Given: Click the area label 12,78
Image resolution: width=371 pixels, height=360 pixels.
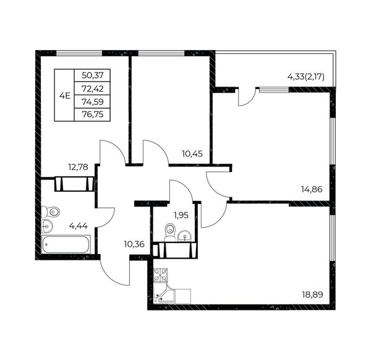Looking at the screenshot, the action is point(78,167).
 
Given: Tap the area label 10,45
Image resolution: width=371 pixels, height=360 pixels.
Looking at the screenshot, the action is point(192,154).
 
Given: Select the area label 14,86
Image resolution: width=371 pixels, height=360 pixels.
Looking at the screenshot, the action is point(312,189).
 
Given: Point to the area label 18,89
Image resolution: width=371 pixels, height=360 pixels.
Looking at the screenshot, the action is point(312,294).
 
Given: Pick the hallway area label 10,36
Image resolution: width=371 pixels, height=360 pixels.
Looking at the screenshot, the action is point(134,244).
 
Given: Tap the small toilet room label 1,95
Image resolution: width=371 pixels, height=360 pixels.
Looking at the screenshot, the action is point(181,215).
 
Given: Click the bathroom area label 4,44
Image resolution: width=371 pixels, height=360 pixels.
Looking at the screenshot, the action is point(79,226).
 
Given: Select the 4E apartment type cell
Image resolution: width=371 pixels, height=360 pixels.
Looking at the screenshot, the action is point(64,95).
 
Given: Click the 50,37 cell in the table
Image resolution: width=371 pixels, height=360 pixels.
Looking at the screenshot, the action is point(93,75).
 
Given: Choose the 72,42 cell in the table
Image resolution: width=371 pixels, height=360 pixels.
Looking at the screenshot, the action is point(93,88).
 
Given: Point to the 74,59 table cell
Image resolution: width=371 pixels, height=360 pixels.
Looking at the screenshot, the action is point(93,102).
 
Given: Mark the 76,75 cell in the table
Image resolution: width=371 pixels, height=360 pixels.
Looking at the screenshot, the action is point(93,115).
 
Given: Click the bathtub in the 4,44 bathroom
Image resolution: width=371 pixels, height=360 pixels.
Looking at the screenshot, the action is point(66,244).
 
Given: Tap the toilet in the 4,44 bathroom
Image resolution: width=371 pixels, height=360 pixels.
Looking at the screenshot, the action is point(51,212).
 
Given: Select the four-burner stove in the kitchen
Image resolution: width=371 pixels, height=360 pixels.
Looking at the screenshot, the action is point(160,275).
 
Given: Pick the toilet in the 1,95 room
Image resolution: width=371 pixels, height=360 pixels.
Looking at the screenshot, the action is point(170,231).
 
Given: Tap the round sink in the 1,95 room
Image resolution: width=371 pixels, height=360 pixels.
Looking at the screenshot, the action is point(185,236).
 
